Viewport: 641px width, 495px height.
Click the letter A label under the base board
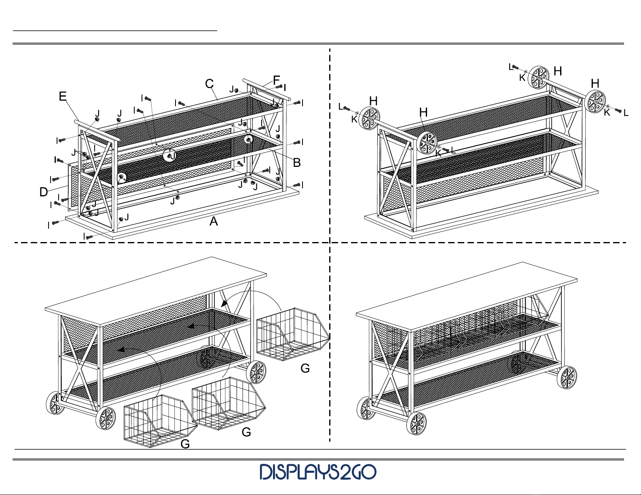pos(214,221)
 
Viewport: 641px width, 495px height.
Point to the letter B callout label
pos(296,162)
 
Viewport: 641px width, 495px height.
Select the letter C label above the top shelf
pos(209,84)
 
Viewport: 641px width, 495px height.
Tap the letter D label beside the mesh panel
pos(43,192)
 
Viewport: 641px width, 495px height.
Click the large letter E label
pos(63,96)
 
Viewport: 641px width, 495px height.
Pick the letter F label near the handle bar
pos(276,80)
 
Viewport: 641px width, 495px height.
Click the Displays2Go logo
pos(318,472)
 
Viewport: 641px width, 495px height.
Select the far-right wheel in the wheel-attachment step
pos(595,101)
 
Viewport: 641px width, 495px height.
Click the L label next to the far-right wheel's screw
pos(626,113)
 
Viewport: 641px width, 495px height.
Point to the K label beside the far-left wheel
pos(354,119)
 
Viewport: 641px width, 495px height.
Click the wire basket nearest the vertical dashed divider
pos(293,335)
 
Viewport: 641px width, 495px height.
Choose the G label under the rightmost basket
pos(305,368)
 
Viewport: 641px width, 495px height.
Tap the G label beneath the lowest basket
pos(185,444)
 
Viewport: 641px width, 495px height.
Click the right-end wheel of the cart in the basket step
pos(256,373)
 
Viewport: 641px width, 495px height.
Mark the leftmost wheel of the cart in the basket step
pos(55,403)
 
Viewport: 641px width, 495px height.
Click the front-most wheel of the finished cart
pos(417,423)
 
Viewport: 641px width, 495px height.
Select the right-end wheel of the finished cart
pos(567,377)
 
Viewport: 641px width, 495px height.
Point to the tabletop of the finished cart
pos(467,296)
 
